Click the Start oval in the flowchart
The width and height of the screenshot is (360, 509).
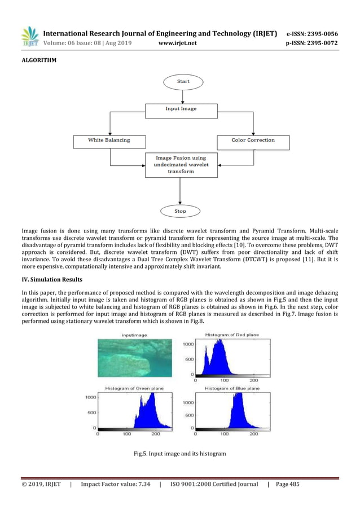[x=183, y=82]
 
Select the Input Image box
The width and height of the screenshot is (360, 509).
[x=181, y=109]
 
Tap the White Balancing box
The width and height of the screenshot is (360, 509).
[x=108, y=140]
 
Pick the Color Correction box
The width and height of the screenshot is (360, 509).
[x=253, y=140]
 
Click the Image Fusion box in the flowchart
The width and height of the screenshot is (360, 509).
[x=181, y=165]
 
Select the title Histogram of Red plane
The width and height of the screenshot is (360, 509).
[x=231, y=335]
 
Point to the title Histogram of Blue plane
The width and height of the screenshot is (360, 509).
[x=232, y=388]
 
